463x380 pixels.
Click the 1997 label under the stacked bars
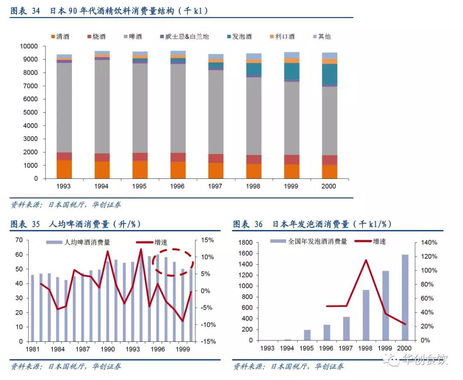pos(215,186)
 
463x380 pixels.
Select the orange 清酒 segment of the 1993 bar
pos(64,169)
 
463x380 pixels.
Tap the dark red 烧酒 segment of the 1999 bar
pos(292,160)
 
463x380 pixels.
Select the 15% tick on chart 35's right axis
pos(204,240)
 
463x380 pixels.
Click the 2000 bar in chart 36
pos(406,297)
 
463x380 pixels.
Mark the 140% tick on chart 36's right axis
pos(428,243)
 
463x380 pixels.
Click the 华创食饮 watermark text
pos(424,359)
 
